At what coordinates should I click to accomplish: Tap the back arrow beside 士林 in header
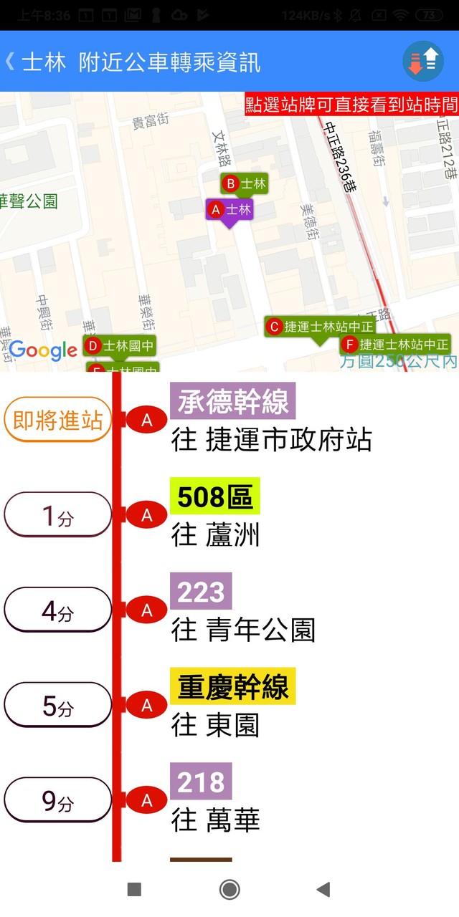[x=10, y=62]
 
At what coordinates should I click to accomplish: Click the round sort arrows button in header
[x=423, y=61]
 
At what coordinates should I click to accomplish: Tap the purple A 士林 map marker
[x=229, y=210]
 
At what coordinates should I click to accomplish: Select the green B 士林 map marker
[x=244, y=184]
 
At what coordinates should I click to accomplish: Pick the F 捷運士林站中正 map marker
[x=395, y=345]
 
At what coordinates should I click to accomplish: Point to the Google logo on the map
[x=43, y=350]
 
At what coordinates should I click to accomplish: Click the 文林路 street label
[x=220, y=147]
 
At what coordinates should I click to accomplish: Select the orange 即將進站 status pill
[x=58, y=421]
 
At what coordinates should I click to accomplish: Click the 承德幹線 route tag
[x=232, y=402]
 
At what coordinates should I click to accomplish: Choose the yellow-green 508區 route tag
[x=214, y=496]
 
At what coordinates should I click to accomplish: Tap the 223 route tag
[x=201, y=592]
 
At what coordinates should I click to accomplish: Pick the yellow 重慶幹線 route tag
[x=232, y=687]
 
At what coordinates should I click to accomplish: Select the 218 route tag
[x=201, y=782]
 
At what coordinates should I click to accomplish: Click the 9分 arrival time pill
[x=58, y=800]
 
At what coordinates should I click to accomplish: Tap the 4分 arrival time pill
[x=58, y=610]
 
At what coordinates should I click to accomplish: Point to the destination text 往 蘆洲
[x=215, y=535]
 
